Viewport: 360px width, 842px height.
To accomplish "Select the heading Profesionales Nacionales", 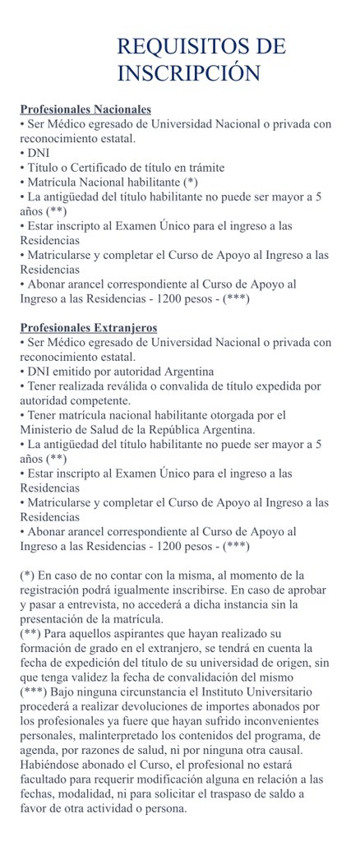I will point(85,109).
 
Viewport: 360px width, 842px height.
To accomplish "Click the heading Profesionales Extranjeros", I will point(88,327).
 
